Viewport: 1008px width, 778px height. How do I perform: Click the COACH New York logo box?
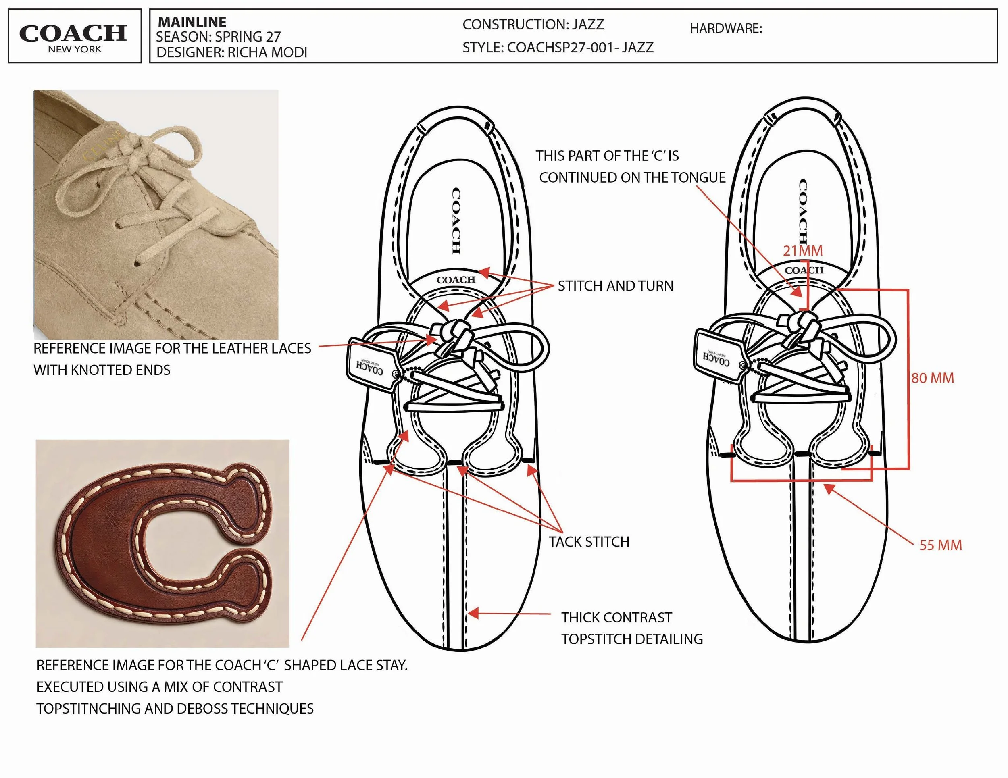(75, 36)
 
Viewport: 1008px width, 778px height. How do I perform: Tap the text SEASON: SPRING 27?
(218, 36)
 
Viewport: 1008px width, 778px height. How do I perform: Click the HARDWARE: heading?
(726, 29)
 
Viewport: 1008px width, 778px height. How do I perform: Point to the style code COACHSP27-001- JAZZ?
(580, 48)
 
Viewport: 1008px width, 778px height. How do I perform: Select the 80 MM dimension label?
(932, 378)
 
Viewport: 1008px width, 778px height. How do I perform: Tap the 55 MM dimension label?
(941, 545)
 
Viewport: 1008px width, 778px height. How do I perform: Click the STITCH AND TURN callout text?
(615, 286)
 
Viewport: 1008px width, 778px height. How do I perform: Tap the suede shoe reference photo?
(156, 214)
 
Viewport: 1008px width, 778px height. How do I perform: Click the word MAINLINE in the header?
(192, 22)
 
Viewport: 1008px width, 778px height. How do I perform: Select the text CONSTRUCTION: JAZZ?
(533, 25)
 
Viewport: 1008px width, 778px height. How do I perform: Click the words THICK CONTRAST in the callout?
(616, 618)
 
